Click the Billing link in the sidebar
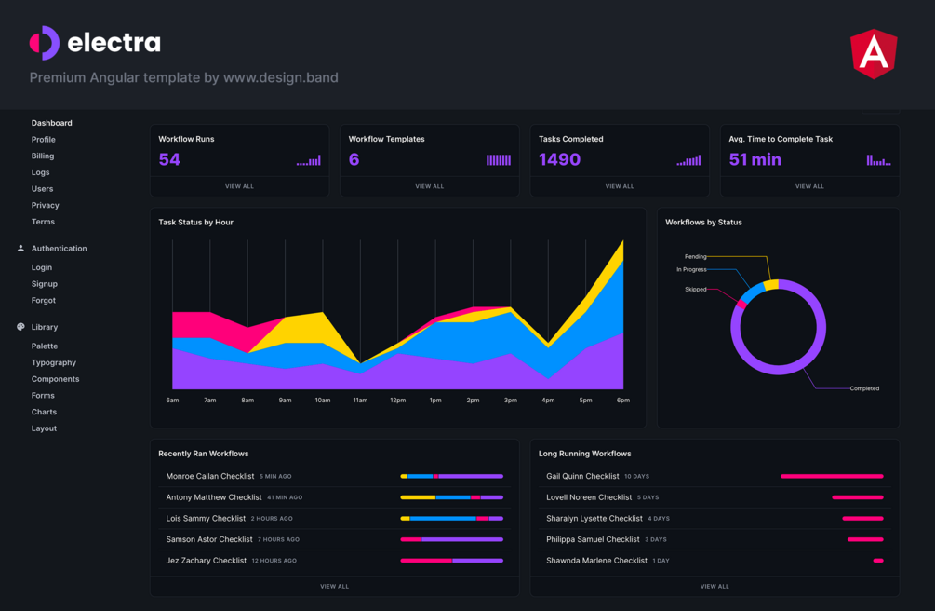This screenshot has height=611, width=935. click(x=43, y=156)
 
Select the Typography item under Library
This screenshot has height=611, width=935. click(x=54, y=362)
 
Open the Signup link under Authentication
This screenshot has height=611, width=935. click(x=45, y=284)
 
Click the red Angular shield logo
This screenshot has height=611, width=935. click(x=874, y=53)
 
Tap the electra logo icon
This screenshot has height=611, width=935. click(x=45, y=43)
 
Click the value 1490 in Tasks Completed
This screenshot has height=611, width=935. click(x=559, y=160)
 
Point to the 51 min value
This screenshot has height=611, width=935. click(x=755, y=160)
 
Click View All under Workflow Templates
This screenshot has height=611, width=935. click(x=429, y=186)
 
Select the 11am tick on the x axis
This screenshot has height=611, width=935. click(x=360, y=401)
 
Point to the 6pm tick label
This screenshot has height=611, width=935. click(x=622, y=401)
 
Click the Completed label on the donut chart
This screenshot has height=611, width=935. click(x=864, y=388)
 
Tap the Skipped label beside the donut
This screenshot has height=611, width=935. click(x=695, y=290)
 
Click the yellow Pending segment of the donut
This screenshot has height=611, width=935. click(x=771, y=284)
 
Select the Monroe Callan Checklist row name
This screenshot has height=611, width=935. click(x=210, y=476)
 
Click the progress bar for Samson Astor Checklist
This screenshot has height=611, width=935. click(x=451, y=539)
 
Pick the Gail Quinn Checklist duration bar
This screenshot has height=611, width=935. click(x=831, y=476)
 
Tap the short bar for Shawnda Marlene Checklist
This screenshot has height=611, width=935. click(x=878, y=561)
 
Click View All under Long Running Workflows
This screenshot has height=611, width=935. click(x=715, y=586)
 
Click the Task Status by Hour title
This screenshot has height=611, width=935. click(x=195, y=223)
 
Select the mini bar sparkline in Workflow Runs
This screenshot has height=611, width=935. click(x=309, y=161)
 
